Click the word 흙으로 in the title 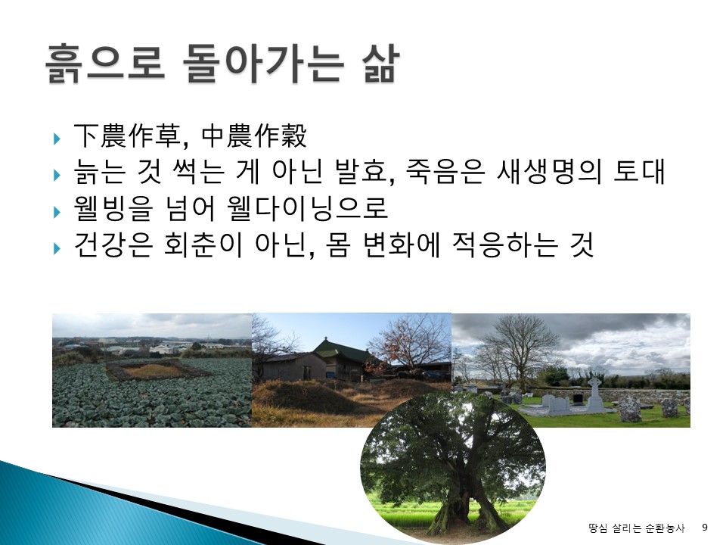105,64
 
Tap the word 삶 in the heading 379,64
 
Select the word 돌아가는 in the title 263,64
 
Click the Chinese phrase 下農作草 127,135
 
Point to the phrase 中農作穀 254,135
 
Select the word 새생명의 548,172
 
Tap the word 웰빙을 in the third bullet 113,208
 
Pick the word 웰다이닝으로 308,208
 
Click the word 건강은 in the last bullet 113,244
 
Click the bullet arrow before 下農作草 57,139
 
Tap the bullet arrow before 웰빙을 57,212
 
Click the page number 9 705,528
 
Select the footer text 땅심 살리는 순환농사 636,528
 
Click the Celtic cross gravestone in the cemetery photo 594,394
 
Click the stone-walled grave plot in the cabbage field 153,370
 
